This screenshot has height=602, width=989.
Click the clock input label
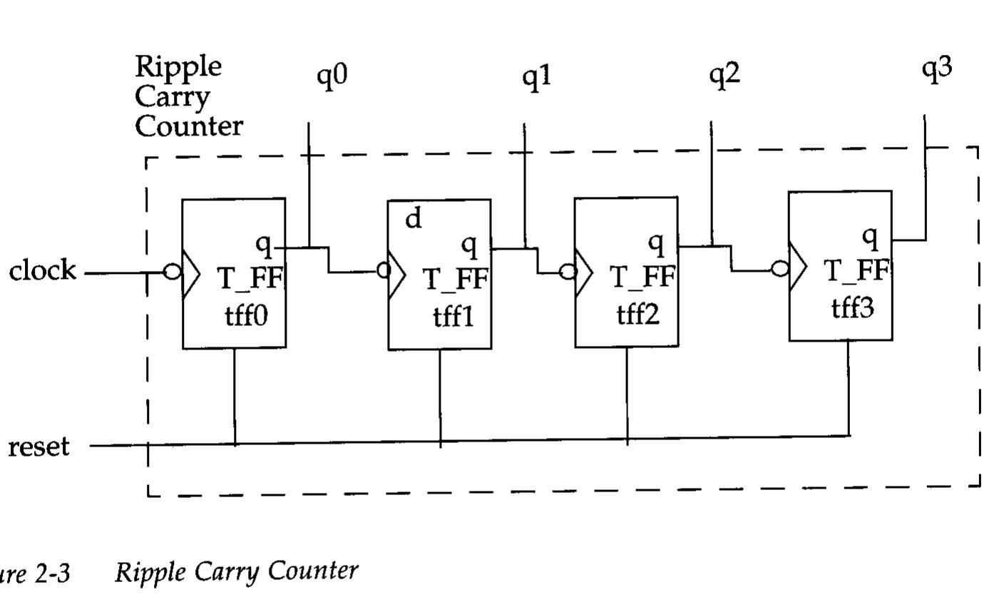pyautogui.click(x=42, y=271)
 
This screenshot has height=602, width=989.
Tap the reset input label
pyautogui.click(x=39, y=447)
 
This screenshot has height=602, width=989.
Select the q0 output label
pyautogui.click(x=332, y=76)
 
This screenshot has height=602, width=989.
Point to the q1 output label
pyautogui.click(x=537, y=76)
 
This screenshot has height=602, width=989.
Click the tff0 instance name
pyautogui.click(x=247, y=315)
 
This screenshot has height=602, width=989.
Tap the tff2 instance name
pyautogui.click(x=638, y=314)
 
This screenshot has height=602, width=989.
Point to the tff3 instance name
pyautogui.click(x=852, y=307)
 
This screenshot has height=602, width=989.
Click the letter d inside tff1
pyautogui.click(x=414, y=219)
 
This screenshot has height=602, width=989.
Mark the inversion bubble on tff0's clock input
pyautogui.click(x=172, y=272)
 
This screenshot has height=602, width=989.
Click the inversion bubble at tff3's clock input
pyautogui.click(x=780, y=269)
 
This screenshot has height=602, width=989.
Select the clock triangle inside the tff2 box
pyautogui.click(x=584, y=272)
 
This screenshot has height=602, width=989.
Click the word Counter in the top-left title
pyautogui.click(x=189, y=126)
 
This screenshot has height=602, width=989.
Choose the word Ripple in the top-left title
pyautogui.click(x=178, y=66)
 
